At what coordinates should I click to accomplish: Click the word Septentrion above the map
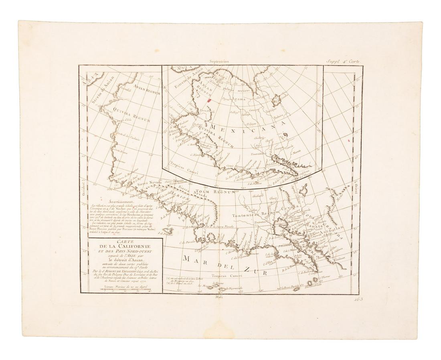point(218,62)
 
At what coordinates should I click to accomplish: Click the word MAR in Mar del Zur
point(192,259)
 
